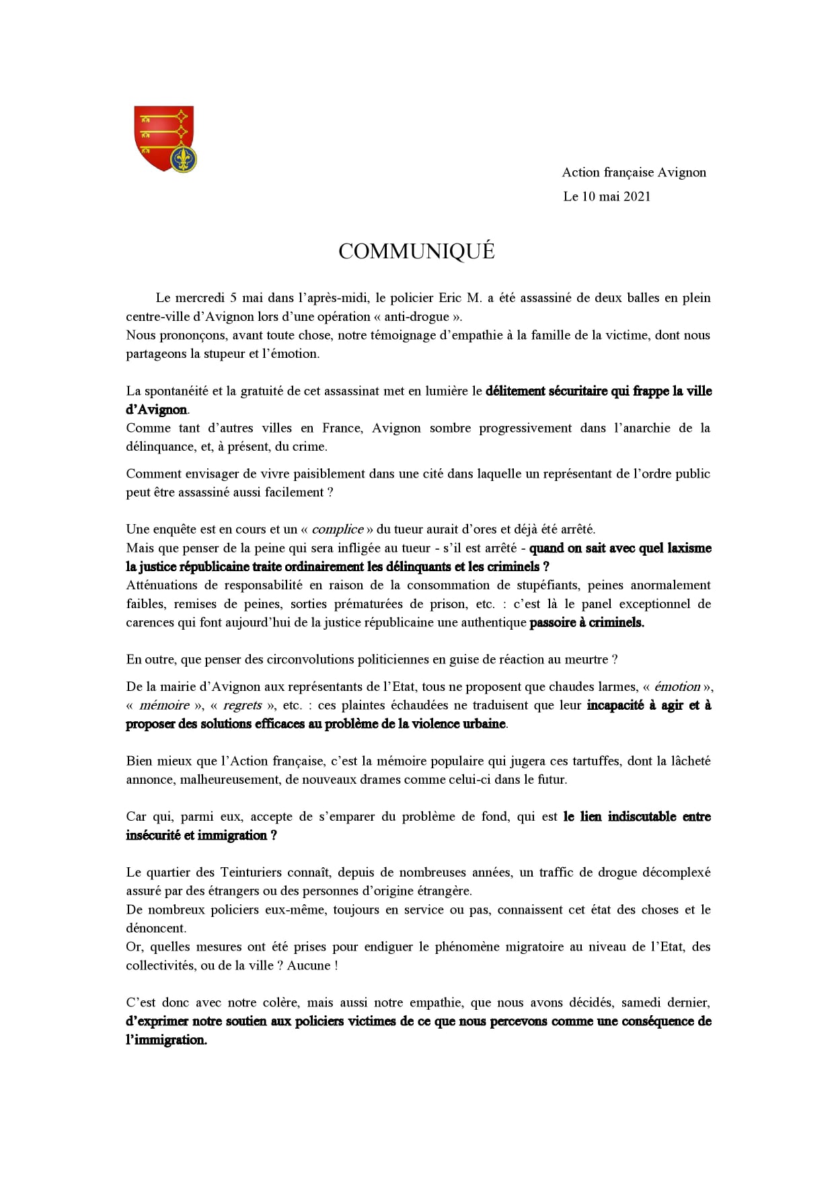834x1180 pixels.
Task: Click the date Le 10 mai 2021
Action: point(607,196)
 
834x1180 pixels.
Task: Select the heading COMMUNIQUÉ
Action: point(416,251)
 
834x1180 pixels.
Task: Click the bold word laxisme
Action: point(689,548)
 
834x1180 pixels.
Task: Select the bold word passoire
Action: point(552,622)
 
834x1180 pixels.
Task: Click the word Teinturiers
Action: point(254,872)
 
